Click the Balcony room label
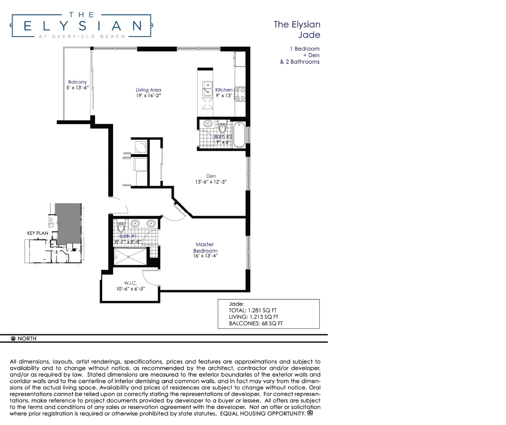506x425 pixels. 78,82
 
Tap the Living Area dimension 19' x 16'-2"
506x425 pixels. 149,96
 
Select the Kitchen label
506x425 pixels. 224,90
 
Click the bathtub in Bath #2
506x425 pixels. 239,135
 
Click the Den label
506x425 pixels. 211,176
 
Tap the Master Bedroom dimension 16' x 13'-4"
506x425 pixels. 206,256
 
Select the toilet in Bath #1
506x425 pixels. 121,227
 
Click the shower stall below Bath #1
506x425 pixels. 130,257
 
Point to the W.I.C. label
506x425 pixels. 130,283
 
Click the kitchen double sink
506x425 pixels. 207,89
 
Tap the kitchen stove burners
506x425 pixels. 240,94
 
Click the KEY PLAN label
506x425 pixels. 38,233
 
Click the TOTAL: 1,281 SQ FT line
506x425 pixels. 253,310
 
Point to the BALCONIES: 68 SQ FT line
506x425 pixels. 256,323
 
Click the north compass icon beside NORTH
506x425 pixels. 13,338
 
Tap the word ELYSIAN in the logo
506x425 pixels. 83,26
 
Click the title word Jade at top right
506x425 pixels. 309,35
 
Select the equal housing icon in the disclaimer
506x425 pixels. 310,413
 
